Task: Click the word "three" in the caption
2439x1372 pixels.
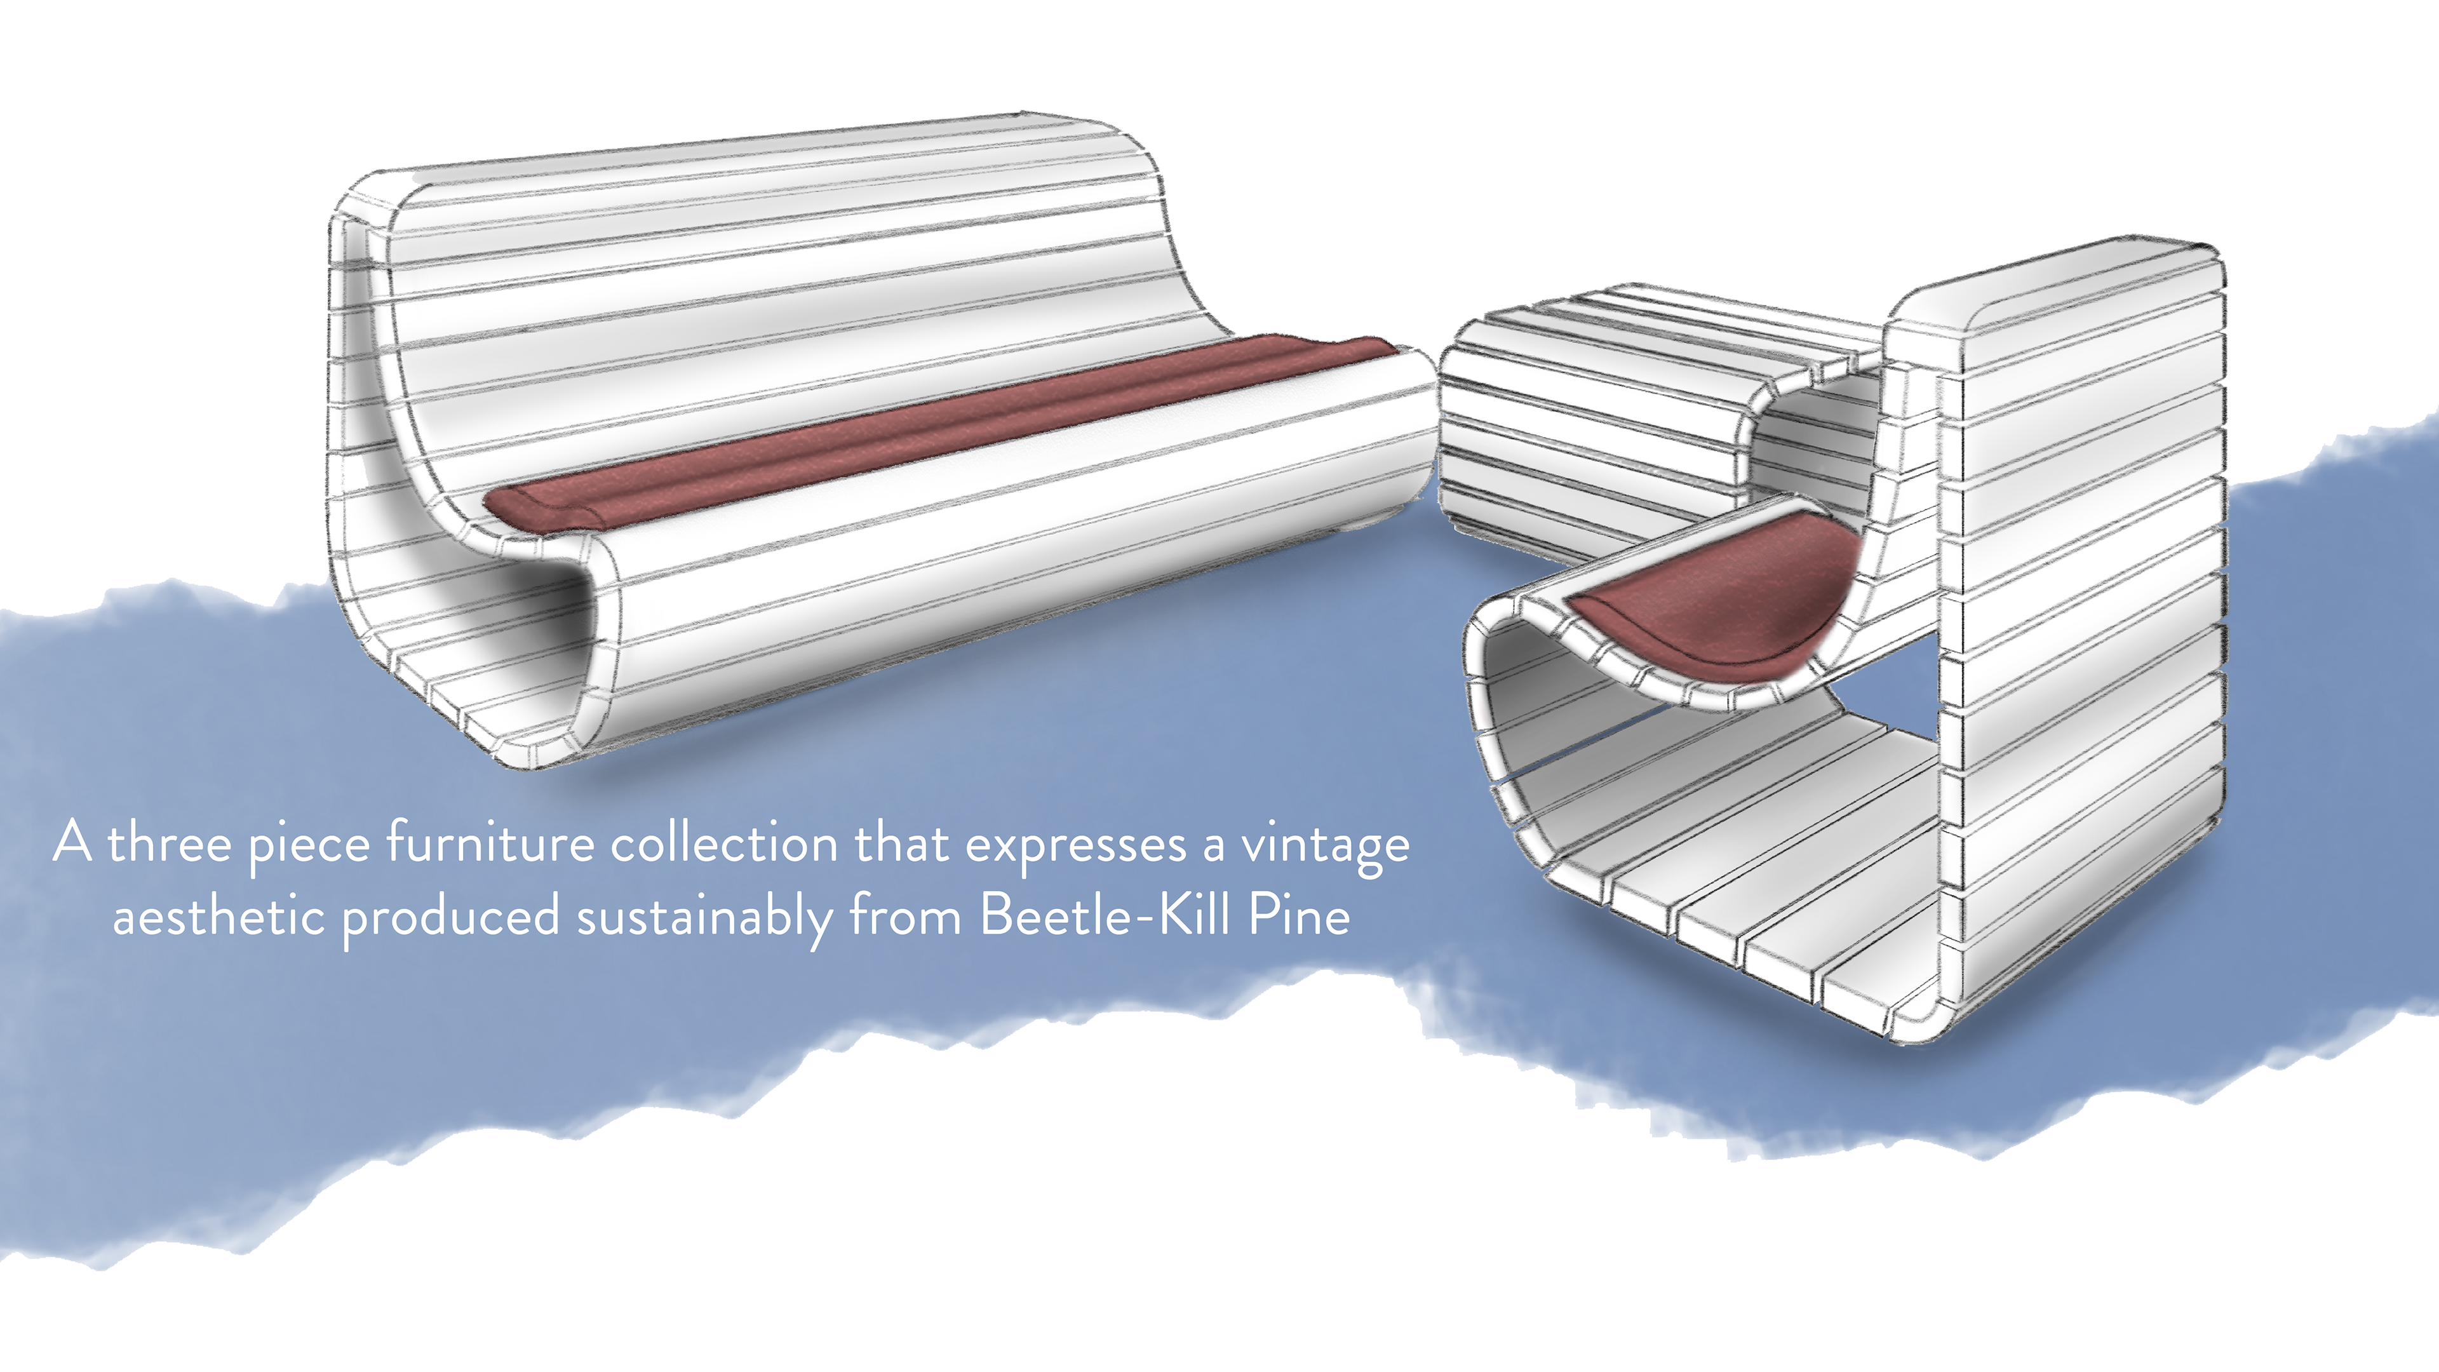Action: coord(170,844)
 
